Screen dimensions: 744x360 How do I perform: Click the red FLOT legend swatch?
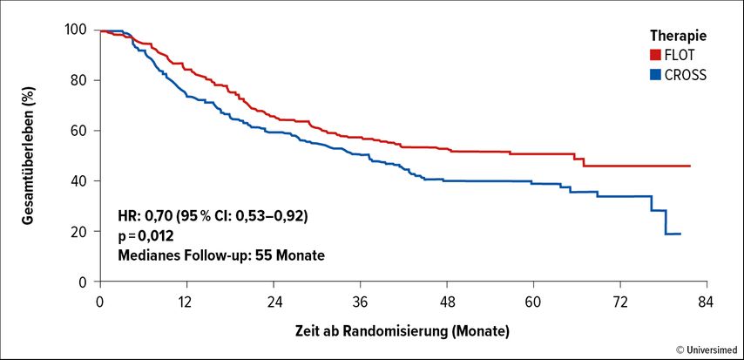[655, 56]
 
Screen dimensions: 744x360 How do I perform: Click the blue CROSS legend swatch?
[655, 75]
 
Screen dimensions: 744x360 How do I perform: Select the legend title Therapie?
[679, 37]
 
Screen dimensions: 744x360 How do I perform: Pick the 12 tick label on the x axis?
[187, 302]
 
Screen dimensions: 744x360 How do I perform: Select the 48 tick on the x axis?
[447, 302]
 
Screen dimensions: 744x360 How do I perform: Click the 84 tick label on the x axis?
[707, 302]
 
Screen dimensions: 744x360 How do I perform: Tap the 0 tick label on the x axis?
[100, 302]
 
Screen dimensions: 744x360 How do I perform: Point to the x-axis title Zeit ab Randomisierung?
[372, 330]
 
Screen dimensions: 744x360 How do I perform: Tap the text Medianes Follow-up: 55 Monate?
[220, 255]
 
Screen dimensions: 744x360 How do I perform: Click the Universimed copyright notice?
[707, 350]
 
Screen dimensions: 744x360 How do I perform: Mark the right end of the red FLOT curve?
[689, 166]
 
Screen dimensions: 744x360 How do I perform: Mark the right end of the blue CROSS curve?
[680, 234]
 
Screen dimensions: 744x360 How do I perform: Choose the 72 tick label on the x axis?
[619, 302]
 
